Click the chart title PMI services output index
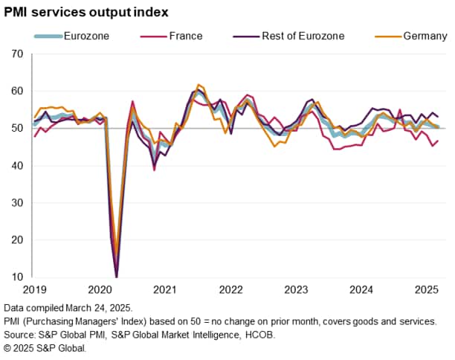pyautogui.click(x=85, y=13)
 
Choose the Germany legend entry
pyautogui.click(x=425, y=36)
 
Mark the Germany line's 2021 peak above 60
pyautogui.click(x=199, y=85)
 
